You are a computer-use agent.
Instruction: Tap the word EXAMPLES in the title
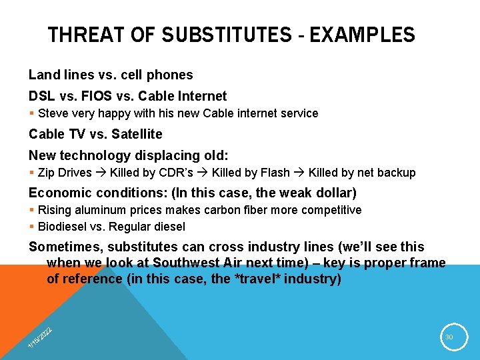[x=364, y=35]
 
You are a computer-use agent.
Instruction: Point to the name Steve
[x=53, y=113]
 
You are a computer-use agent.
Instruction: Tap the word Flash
[x=275, y=173]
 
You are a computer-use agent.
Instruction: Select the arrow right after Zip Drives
[x=102, y=173]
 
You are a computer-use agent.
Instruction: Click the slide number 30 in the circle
[x=449, y=337]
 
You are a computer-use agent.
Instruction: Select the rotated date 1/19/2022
[x=40, y=337]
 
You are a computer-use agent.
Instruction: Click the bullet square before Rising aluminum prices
[x=32, y=211]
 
